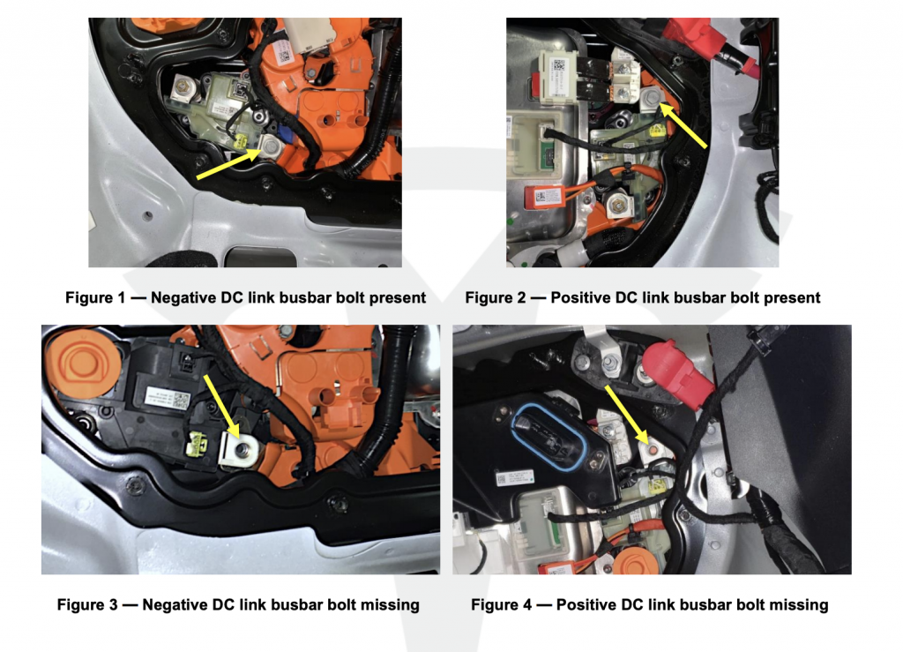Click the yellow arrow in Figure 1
click(228, 163)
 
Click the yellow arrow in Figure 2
click(683, 125)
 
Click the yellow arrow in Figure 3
click(221, 406)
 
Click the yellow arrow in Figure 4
click(626, 415)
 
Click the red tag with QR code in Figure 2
click(543, 197)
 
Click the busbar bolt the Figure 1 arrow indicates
click(270, 146)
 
